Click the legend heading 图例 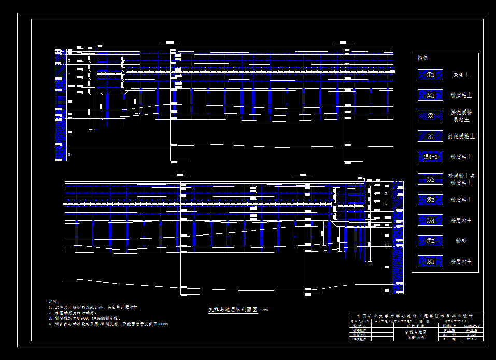(423, 58)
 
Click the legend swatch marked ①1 (430, 75)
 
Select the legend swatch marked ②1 (430, 95)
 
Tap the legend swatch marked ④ (430, 136)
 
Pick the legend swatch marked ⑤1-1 (430, 157)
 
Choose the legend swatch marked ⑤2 (430, 178)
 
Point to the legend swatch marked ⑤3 (430, 200)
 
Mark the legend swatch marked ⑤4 (430, 220)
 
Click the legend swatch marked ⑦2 (430, 241)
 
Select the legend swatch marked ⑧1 (430, 261)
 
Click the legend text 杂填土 (460, 75)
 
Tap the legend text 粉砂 (461, 241)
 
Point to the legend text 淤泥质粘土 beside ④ (461, 136)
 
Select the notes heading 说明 (53, 301)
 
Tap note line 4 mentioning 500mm (109, 324)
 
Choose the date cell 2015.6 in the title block (472, 340)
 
